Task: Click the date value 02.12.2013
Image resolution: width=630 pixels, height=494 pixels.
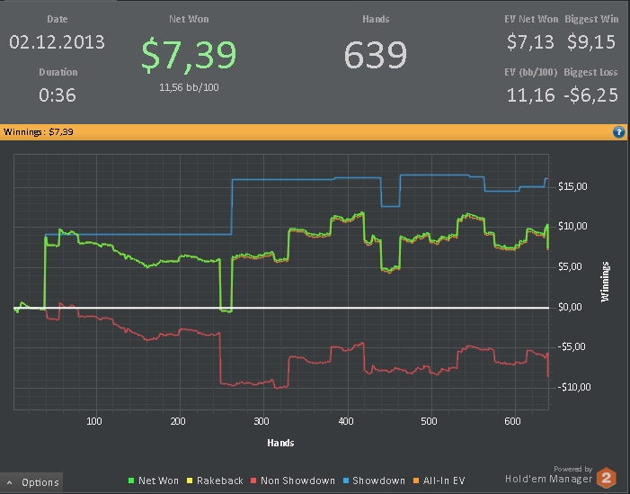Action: (57, 42)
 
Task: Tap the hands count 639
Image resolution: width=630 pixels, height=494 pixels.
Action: (376, 55)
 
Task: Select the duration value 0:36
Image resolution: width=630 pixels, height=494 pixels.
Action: (58, 94)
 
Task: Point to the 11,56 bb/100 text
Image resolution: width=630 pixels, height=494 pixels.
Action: (189, 87)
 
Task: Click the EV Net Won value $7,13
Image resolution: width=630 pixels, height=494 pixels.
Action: (530, 42)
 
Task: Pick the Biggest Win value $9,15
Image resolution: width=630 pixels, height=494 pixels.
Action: (592, 42)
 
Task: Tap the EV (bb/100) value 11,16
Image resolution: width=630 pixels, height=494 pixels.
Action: (530, 94)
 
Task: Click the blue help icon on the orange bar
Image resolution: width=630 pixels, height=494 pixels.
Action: (618, 132)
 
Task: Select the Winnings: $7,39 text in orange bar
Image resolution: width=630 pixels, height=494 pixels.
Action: (39, 132)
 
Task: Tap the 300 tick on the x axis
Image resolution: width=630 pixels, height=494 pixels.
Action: (262, 421)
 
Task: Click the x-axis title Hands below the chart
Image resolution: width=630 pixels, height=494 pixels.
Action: (280, 443)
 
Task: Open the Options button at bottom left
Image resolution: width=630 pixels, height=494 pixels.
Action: (33, 482)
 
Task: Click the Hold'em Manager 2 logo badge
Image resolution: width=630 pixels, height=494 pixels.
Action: (606, 477)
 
